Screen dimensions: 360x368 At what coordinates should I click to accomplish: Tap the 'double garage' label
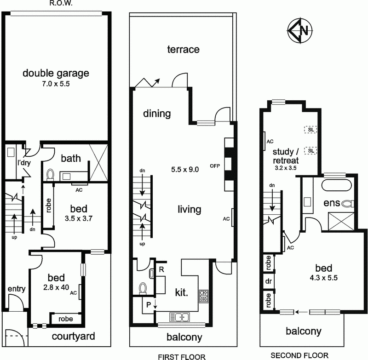56,73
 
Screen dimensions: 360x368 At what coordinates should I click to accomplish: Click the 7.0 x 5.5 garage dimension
55,85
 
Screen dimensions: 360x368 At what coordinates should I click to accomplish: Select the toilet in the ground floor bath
51,175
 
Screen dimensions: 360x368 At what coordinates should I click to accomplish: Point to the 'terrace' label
183,49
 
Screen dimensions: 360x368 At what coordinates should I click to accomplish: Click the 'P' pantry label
148,304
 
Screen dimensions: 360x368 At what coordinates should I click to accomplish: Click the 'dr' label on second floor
267,280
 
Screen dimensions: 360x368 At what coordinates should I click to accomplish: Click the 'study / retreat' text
286,156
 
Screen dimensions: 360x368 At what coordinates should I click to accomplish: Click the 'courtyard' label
74,336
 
